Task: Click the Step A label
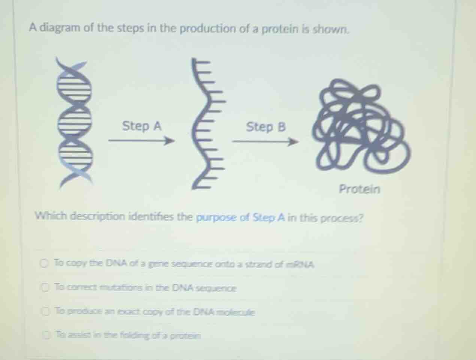pyautogui.click(x=142, y=126)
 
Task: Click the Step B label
pyautogui.click(x=266, y=127)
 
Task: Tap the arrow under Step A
pyautogui.click(x=141, y=141)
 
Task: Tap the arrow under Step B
pyautogui.click(x=265, y=142)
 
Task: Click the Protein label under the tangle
pyautogui.click(x=359, y=189)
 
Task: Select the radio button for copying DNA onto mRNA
pyautogui.click(x=45, y=264)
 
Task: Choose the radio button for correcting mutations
pyautogui.click(x=45, y=288)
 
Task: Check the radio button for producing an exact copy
pyautogui.click(x=46, y=311)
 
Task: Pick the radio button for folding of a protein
pyautogui.click(x=46, y=335)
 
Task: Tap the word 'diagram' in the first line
pyautogui.click(x=60, y=28)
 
